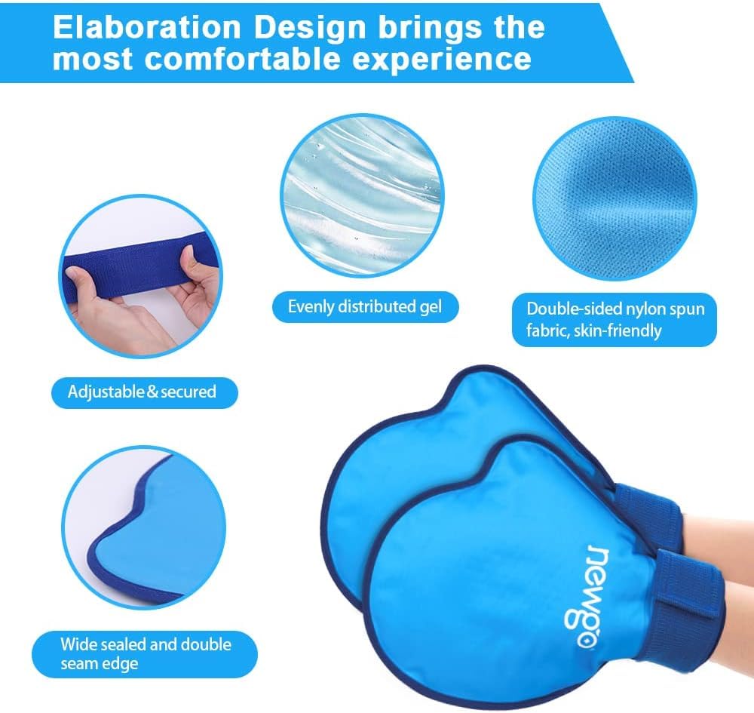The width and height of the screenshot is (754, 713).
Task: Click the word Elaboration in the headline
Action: pos(147,27)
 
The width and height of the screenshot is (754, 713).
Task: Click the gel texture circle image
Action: pos(362,196)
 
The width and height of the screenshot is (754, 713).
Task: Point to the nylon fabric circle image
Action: pos(615,198)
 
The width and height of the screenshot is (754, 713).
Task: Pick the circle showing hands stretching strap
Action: pos(141,276)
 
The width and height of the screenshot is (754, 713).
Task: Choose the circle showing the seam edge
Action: pos(144,527)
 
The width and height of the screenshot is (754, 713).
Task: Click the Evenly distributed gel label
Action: pos(366,307)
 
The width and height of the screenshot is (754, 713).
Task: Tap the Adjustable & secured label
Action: pos(144,392)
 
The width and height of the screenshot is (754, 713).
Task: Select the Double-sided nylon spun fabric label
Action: pos(615,319)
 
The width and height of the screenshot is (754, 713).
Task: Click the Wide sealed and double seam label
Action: pos(145,654)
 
